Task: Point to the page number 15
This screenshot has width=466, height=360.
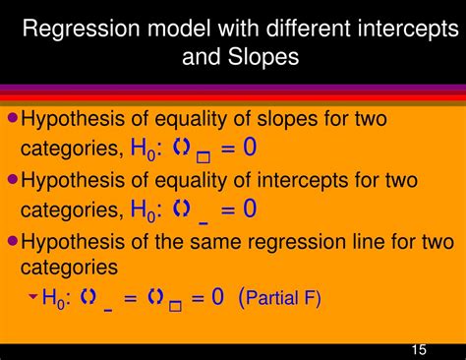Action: [419, 349]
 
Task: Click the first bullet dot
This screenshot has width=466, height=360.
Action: [13, 117]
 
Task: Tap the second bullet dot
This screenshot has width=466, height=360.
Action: [13, 179]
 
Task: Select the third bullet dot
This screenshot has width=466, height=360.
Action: [13, 240]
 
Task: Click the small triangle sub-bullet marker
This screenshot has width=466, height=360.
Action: [32, 295]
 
